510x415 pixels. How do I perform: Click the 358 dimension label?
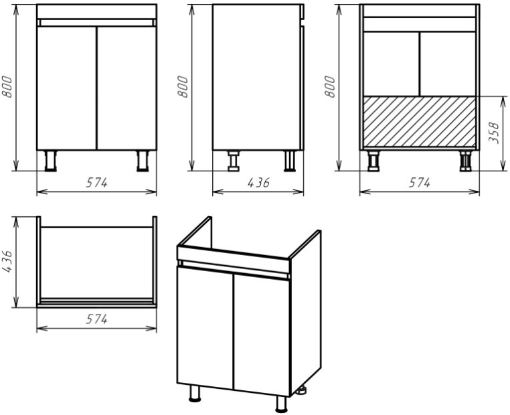tap(494, 133)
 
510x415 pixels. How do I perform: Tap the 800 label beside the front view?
tap(7, 86)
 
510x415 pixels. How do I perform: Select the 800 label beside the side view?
tap(183, 86)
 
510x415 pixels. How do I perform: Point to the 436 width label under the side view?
tap(258, 183)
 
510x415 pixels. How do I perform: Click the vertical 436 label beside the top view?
tap(7, 261)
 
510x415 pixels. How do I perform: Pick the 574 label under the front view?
tap(96, 183)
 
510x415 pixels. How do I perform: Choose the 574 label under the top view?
tap(96, 319)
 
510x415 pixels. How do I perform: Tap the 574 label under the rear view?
tap(420, 183)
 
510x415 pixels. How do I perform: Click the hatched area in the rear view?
tap(420, 122)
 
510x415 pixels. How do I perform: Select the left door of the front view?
tap(67, 88)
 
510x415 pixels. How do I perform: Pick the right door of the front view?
tap(127, 88)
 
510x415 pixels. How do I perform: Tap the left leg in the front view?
tap(50, 161)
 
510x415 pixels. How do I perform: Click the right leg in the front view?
tap(143, 161)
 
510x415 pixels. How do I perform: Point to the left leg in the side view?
tap(233, 161)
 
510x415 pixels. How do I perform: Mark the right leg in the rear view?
tap(466, 161)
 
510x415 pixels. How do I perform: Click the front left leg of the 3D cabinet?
tap(195, 393)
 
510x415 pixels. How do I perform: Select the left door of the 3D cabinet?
tap(205, 327)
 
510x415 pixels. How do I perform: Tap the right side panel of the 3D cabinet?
tap(305, 312)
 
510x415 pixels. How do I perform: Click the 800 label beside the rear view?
tap(330, 86)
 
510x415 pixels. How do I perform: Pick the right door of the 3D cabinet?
tap(262, 335)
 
